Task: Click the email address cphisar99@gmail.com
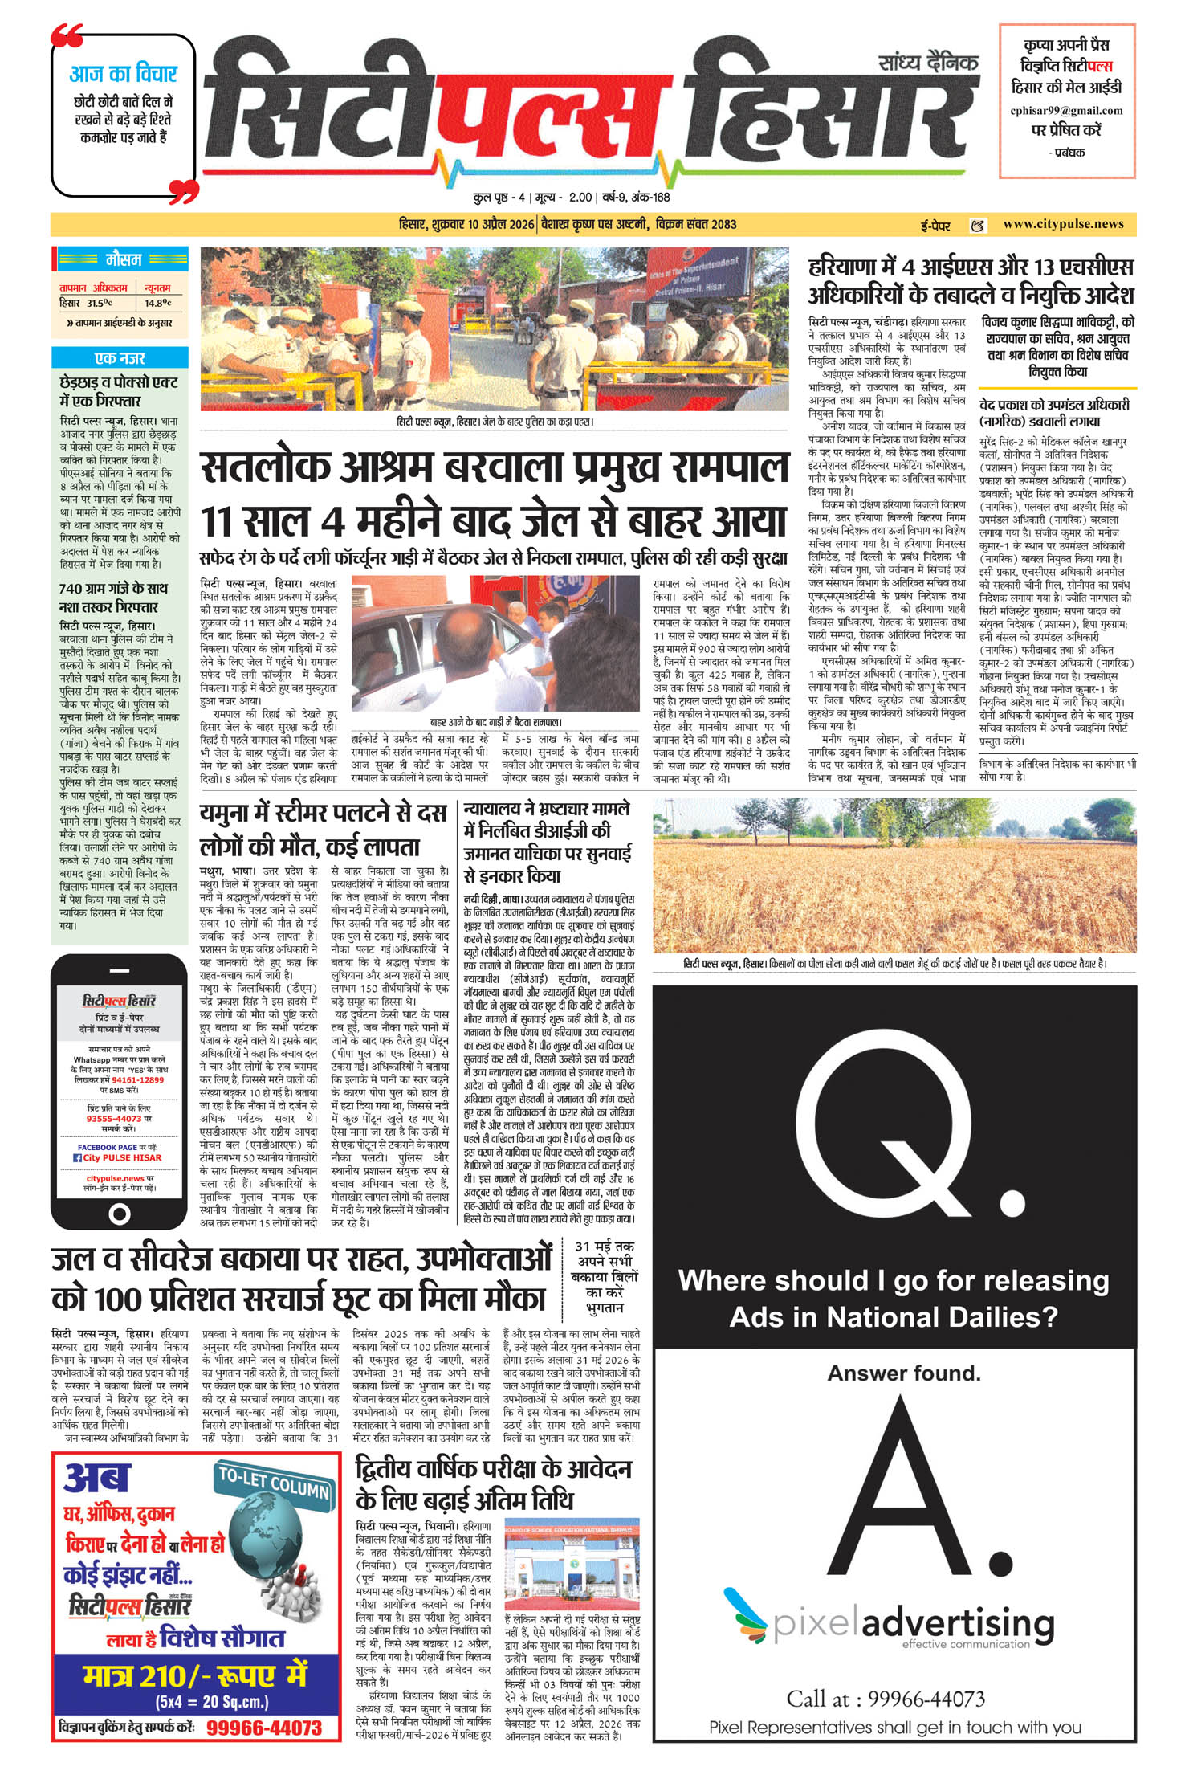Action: [x=1066, y=111]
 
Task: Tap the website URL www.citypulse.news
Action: [x=1063, y=224]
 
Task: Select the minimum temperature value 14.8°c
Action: [x=157, y=303]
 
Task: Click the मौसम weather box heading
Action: [x=122, y=259]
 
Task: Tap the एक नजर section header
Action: [x=120, y=358]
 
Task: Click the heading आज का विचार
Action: [x=123, y=75]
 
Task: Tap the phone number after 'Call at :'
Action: [x=926, y=1699]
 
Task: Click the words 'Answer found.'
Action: [x=904, y=1373]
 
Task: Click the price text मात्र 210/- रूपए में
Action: [x=195, y=1675]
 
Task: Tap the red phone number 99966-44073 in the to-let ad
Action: [x=264, y=1728]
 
